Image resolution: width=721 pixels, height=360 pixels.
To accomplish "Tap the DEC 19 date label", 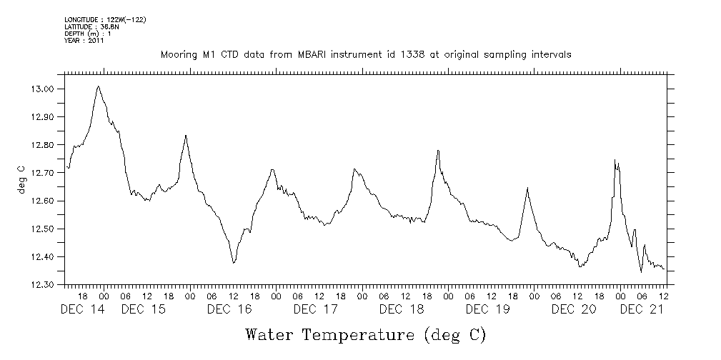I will click(487, 309).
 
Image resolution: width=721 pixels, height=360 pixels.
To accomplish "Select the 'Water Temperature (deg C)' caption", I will click(365, 334).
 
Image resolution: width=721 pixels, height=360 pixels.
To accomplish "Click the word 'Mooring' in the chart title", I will click(178, 54).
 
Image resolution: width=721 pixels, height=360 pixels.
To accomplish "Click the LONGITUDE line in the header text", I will click(105, 19).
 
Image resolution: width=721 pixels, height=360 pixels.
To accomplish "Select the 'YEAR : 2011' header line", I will click(84, 41).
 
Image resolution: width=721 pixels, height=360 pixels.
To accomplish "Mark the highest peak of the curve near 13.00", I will click(98, 86).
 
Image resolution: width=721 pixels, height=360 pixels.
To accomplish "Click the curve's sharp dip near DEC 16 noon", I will click(234, 264).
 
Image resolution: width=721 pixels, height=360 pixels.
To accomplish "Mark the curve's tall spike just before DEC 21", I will click(615, 160).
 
